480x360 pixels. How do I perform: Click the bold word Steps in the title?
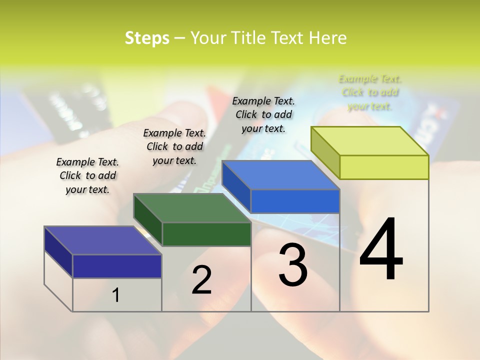point(147,38)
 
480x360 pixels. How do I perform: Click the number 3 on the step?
point(293,264)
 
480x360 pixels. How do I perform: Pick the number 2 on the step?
point(201,279)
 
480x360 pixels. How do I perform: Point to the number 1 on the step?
point(115,295)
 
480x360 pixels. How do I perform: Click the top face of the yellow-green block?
point(370,141)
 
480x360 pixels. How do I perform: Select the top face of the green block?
point(192,208)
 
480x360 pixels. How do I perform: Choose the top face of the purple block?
point(103,240)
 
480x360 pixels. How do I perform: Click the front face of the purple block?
point(117,266)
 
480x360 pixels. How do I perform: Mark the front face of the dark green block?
point(206,234)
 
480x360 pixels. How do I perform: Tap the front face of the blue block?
point(295,201)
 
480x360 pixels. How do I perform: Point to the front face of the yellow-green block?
point(384,167)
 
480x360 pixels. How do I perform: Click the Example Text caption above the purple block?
point(87,175)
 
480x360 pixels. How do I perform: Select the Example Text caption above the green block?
point(174,146)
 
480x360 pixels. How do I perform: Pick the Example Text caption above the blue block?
point(263,114)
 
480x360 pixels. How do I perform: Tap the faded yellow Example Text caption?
point(370,92)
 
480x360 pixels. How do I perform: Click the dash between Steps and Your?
point(180,38)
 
